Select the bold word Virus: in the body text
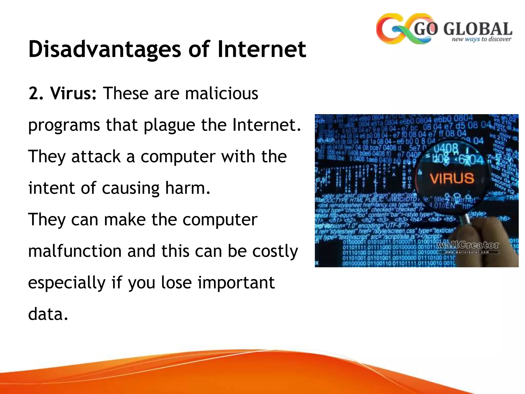tap(73, 93)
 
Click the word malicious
tap(221, 93)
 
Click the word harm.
tap(188, 188)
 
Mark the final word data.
tap(48, 314)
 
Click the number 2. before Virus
tap(36, 93)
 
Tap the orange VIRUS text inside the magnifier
tap(452, 178)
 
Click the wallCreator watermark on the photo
tap(468, 245)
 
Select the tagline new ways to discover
tap(481, 39)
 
